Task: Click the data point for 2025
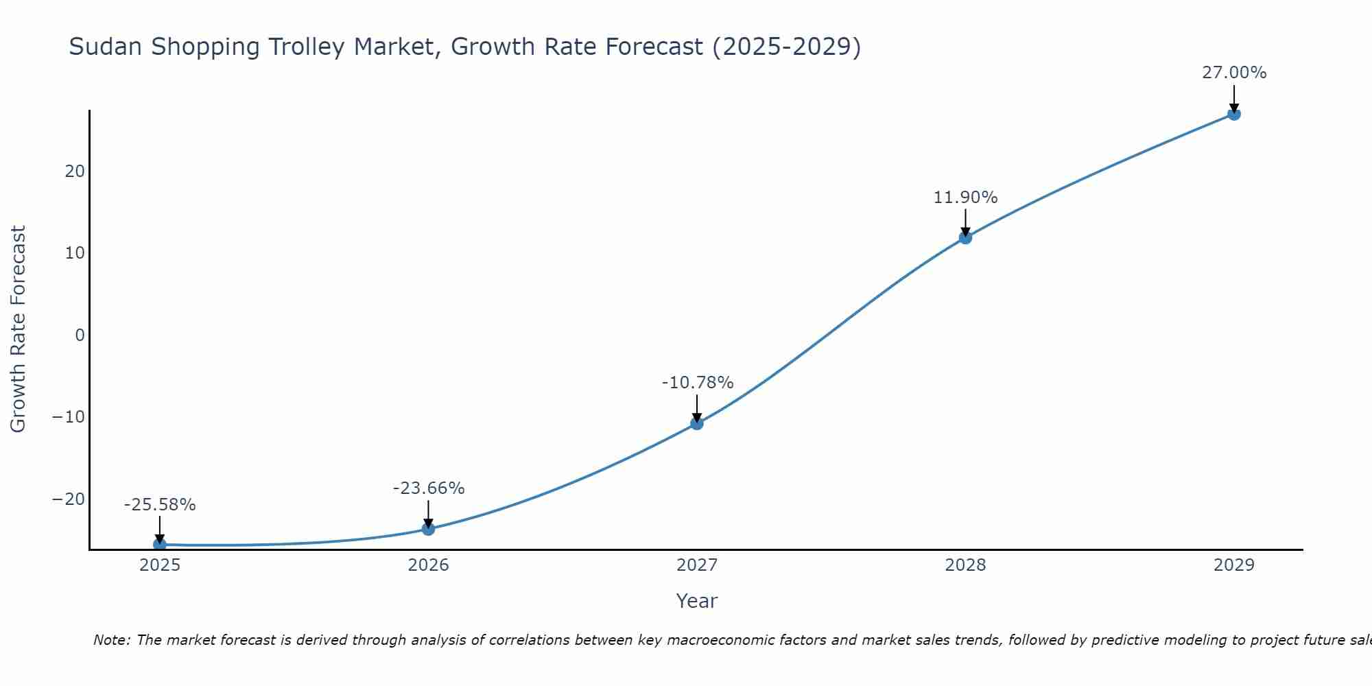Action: click(159, 544)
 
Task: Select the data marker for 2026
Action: click(428, 529)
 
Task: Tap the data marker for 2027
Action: click(696, 423)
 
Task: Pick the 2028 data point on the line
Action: click(965, 237)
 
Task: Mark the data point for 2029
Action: click(1233, 114)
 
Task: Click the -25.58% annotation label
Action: click(160, 505)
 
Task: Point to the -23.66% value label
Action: click(429, 488)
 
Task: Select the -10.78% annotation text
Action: click(697, 383)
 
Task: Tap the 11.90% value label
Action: click(965, 198)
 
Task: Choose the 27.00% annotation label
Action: click(1233, 73)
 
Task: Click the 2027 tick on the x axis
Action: click(696, 565)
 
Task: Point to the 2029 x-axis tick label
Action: click(1233, 565)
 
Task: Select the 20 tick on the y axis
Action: click(75, 171)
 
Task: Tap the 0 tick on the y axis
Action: click(80, 335)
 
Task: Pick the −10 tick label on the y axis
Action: click(69, 417)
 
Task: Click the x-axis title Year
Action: click(696, 601)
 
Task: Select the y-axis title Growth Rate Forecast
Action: click(19, 329)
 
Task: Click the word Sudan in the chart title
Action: click(106, 47)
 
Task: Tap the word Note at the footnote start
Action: click(111, 640)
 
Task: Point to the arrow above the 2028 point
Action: click(965, 222)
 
